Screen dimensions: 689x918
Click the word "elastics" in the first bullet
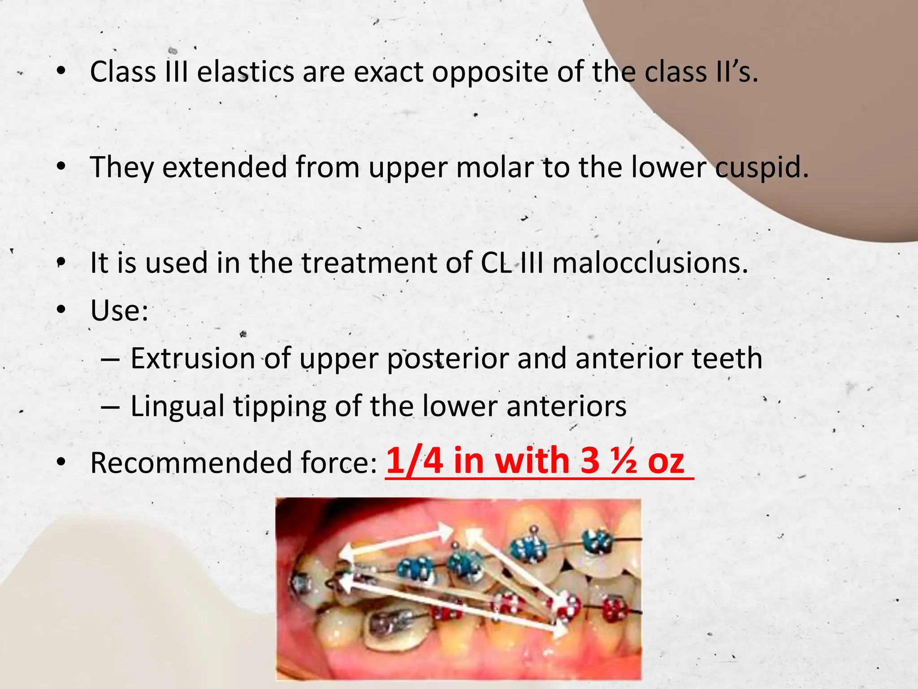click(245, 72)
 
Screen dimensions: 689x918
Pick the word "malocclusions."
click(650, 263)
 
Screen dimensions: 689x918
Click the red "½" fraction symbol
click(623, 461)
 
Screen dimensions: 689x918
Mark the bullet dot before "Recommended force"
click(61, 462)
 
